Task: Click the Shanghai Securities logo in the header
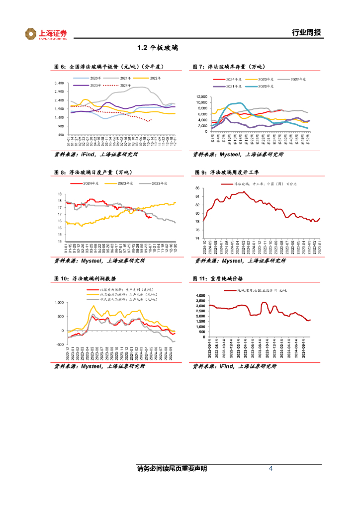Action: point(46,34)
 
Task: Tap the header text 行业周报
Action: point(306,33)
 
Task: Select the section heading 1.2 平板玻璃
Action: point(158,48)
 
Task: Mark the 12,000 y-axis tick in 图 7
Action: point(200,97)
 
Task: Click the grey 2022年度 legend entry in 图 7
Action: point(297,79)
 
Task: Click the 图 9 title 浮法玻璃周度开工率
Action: point(229,172)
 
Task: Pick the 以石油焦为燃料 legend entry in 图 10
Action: point(127,294)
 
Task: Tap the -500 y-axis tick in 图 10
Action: point(60,344)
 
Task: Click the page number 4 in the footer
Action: point(270,468)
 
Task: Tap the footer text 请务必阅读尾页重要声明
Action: point(172,469)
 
